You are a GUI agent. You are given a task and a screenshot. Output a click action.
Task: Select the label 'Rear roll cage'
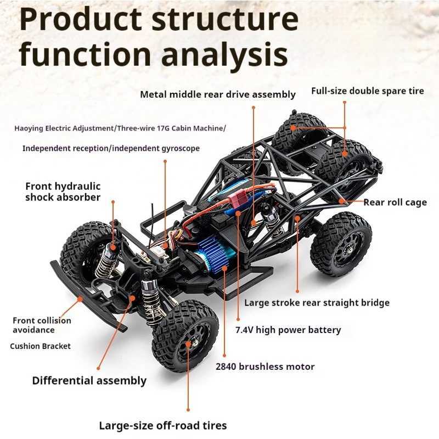click(x=395, y=202)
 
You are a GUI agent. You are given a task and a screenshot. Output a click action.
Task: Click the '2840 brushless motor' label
click(x=265, y=367)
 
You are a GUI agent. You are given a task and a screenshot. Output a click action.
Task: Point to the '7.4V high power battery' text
click(x=288, y=330)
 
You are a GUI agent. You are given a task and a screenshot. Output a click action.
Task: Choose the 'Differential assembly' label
click(x=89, y=380)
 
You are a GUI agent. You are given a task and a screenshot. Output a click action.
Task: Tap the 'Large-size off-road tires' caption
click(x=162, y=425)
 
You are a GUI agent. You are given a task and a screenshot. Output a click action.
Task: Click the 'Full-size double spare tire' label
click(x=367, y=91)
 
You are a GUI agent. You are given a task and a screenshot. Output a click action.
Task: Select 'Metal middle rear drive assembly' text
click(x=218, y=94)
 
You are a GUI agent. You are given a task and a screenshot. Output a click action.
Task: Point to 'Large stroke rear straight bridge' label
click(x=317, y=302)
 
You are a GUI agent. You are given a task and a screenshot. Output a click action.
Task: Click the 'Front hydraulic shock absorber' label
click(x=63, y=192)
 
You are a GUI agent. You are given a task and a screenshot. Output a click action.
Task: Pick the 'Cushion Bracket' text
click(x=40, y=346)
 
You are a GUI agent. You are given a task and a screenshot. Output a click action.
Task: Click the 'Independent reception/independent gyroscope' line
click(x=111, y=148)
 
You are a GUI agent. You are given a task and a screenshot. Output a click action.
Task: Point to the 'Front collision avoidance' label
click(x=42, y=325)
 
